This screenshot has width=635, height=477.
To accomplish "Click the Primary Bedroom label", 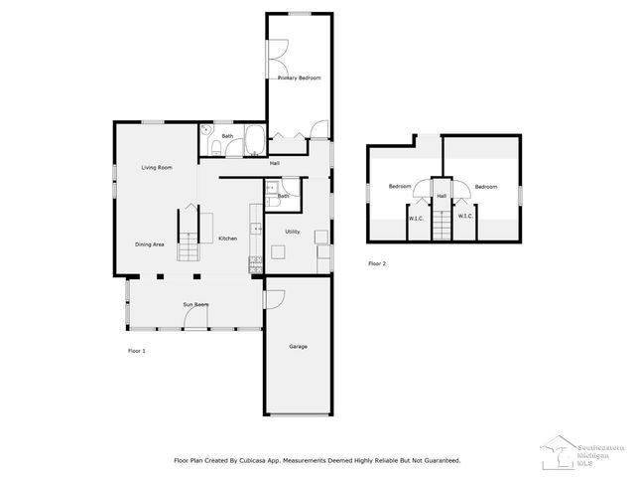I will point(299,78).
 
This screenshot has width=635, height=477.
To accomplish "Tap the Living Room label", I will point(156,168).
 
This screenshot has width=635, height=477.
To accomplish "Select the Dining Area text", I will point(150,243).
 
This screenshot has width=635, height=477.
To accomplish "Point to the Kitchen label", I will point(227,239).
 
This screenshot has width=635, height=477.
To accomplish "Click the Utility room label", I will point(293,232).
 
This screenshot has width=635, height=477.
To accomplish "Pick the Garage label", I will point(298,347).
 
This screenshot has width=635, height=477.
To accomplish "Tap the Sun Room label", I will point(194,304).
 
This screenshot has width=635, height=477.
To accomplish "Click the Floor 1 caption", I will point(137,351).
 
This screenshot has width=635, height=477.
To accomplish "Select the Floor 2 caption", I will point(377,263).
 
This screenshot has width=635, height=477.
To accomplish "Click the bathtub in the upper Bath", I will point(253,140).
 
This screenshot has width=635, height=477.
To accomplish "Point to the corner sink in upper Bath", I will point(206,130).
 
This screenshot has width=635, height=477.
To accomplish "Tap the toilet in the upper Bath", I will point(215,150).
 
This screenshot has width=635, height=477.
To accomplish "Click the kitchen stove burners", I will point(255,263).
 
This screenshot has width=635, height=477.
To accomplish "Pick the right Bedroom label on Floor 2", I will point(485,187).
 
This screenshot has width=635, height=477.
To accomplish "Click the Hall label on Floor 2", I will point(442,196).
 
